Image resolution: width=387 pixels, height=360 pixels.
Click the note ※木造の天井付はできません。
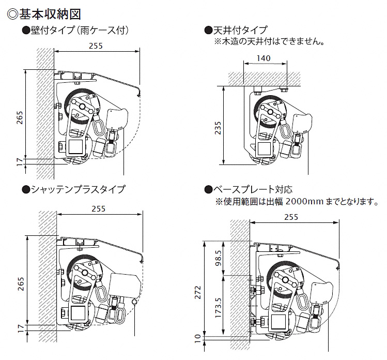269,41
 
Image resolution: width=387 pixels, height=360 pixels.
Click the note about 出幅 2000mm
297,201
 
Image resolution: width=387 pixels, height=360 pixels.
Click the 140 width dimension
264,58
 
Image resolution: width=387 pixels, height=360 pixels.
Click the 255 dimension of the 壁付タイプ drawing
96,46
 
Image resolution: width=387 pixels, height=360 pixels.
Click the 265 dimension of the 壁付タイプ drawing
20,118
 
